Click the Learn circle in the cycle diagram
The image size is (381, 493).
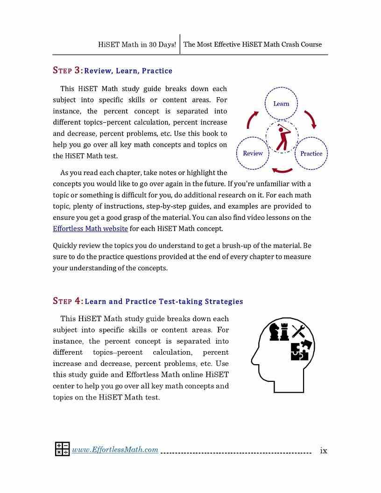coord(281,104)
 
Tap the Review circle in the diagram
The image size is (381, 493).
coord(253,153)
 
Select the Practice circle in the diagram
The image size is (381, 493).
coord(311,153)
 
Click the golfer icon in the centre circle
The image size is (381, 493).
coord(282,137)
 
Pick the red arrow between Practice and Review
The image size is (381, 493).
coord(282,170)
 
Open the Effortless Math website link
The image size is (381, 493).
coord(90,229)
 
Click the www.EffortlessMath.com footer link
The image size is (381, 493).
coord(115,450)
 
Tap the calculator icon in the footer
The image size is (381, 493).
coord(62,449)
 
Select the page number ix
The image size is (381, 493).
coord(323,451)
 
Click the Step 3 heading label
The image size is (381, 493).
coord(68,70)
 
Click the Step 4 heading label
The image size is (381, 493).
coord(68,301)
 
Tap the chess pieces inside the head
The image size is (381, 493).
coord(279,332)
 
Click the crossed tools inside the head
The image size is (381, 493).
coord(298,331)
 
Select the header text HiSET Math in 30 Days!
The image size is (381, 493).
coord(137,45)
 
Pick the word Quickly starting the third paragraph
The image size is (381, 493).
coord(65,246)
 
